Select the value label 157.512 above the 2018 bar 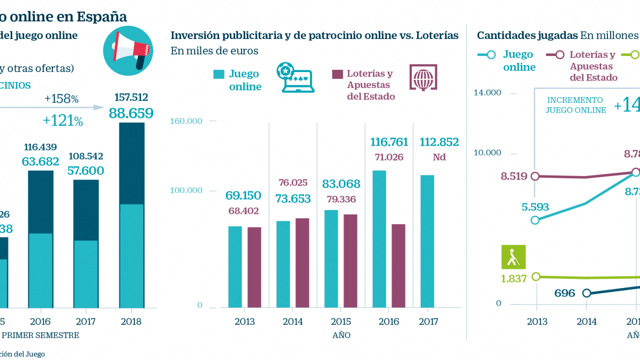click(131, 98)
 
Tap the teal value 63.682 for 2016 click(41, 161)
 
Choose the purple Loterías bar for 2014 click(302, 262)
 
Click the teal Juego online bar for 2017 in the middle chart click(427, 241)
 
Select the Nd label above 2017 click(439, 157)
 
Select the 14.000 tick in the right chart click(487, 93)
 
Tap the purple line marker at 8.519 click(536, 175)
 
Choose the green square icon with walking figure click(514, 257)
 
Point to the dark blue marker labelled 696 click(587, 293)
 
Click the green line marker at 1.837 click(536, 276)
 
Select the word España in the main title click(101, 17)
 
